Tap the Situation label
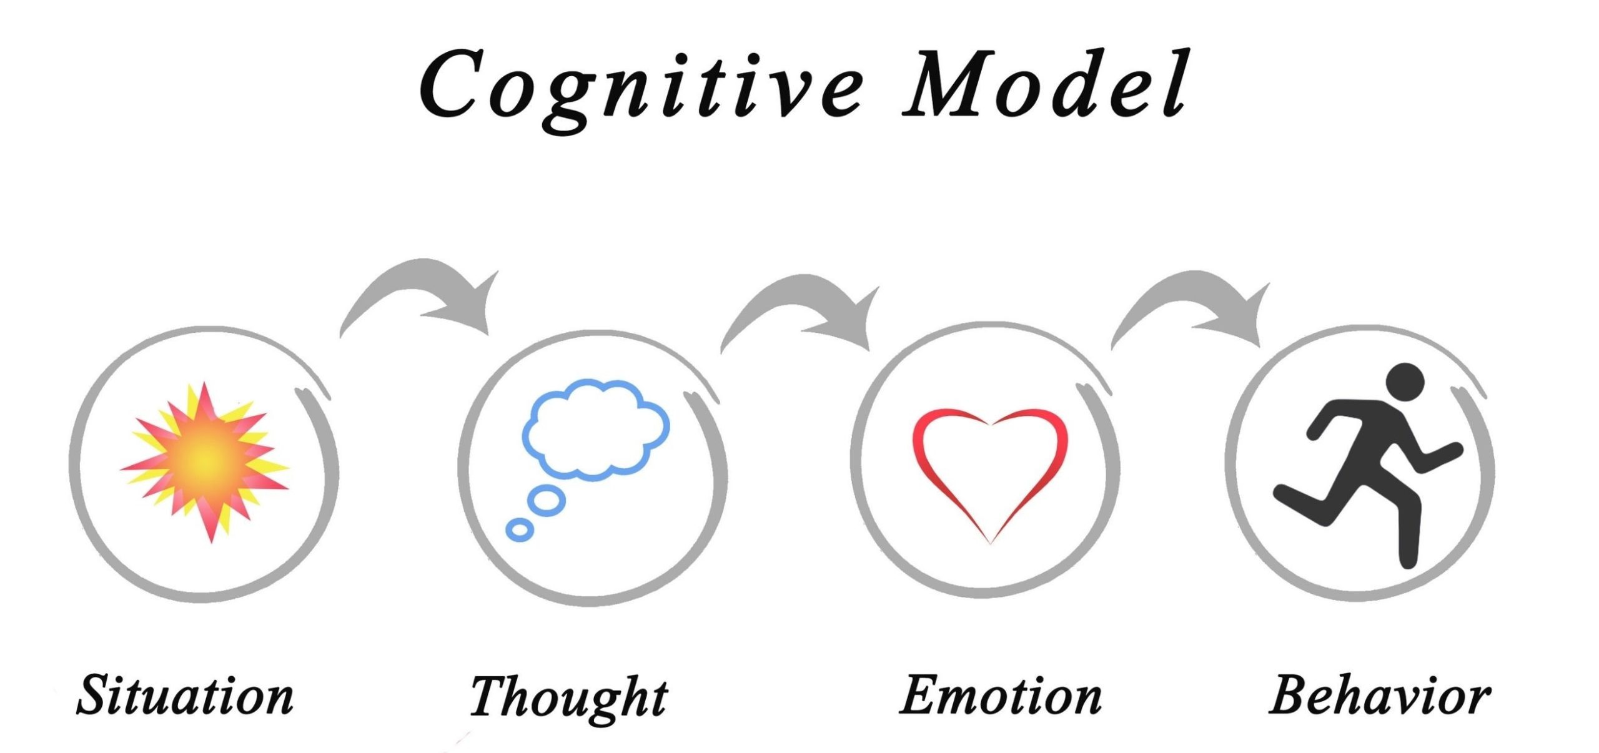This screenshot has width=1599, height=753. point(185,695)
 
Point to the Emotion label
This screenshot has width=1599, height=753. point(1000,695)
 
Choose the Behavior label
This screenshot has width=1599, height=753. point(1380,695)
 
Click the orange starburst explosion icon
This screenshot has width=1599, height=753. point(205,461)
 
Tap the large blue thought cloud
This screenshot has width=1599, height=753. point(596,430)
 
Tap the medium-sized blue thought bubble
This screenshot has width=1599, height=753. point(547,500)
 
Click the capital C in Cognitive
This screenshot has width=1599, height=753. point(450,84)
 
